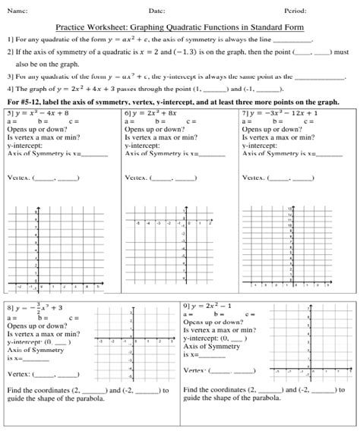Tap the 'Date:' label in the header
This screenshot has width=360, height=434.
click(x=157, y=11)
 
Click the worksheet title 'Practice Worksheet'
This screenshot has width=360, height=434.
click(x=179, y=25)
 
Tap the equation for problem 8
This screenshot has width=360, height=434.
click(x=36, y=309)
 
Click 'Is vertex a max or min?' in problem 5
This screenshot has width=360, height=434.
click(x=38, y=137)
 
